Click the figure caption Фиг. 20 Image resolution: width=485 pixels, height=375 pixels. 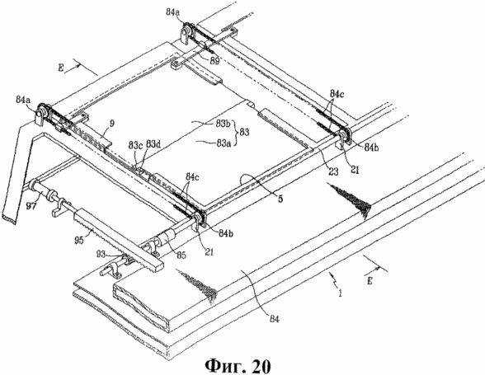238,366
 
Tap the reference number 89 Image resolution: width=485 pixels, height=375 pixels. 214,61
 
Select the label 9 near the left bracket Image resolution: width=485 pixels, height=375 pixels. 112,124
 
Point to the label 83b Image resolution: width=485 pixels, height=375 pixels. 224,124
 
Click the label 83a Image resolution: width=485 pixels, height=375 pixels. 224,143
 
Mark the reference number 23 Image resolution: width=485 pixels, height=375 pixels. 333,171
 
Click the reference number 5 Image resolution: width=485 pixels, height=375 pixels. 280,199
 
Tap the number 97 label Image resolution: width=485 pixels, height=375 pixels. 31,206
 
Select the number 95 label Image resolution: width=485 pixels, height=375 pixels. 78,240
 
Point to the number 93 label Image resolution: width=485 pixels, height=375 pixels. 109,255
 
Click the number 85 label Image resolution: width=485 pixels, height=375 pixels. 181,255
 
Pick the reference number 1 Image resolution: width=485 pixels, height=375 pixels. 340,292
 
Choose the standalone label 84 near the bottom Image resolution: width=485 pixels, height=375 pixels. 274,319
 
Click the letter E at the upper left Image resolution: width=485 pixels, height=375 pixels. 61,68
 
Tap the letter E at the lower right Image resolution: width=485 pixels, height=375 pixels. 370,281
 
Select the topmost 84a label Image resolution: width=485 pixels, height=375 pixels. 174,12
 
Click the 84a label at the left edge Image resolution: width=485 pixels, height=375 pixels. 23,100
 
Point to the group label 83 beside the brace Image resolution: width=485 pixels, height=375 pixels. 244,133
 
